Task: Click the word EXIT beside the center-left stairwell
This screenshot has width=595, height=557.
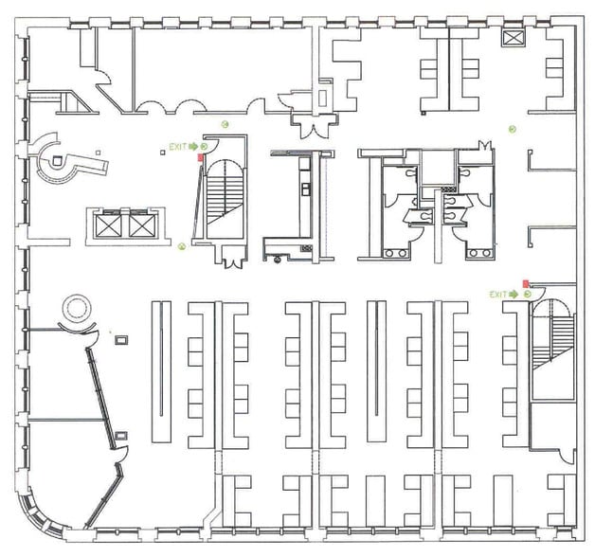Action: point(177,147)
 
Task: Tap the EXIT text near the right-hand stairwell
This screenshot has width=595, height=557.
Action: point(498,295)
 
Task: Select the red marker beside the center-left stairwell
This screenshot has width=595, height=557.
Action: point(199,158)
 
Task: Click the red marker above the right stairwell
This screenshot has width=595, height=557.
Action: point(526,283)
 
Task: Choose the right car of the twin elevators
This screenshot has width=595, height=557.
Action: point(140,225)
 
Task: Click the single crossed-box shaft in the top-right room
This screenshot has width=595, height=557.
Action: point(514,39)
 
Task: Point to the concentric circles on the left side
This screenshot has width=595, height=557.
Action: point(75,309)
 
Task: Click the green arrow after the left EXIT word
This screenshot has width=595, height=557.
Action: point(192,147)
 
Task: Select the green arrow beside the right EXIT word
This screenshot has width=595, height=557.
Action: point(514,295)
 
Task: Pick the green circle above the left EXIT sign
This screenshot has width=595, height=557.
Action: point(225,124)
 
